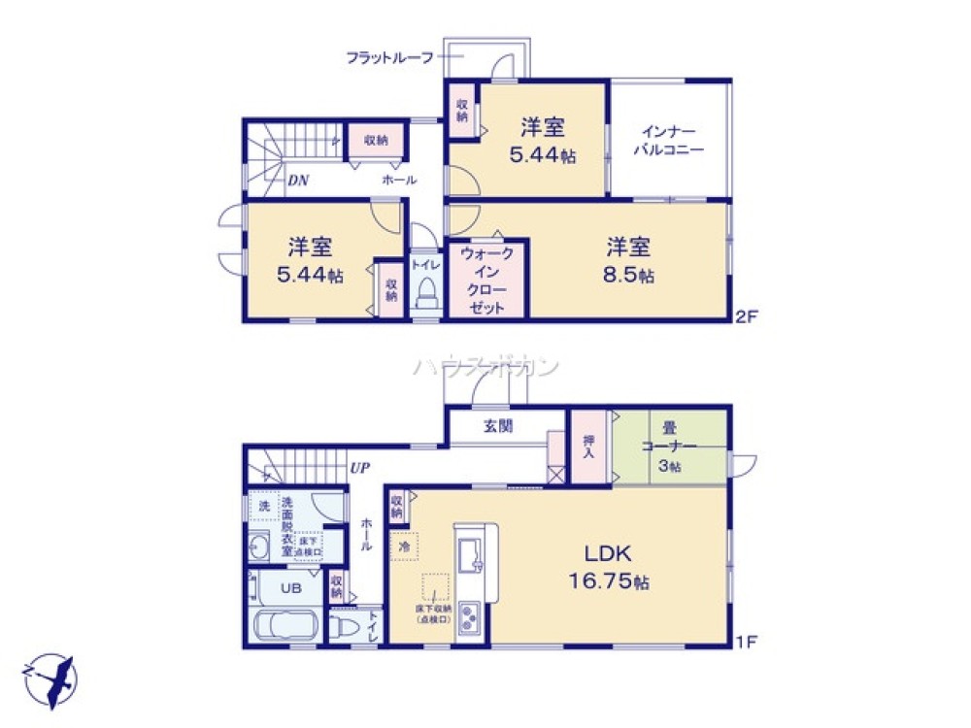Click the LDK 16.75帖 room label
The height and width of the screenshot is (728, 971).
[609, 568]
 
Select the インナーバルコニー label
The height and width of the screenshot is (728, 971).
[668, 141]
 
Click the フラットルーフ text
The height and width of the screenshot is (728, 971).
[389, 57]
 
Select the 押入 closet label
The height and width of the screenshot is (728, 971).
[588, 447]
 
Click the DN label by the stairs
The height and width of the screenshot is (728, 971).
[298, 181]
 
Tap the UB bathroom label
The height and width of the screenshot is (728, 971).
[290, 587]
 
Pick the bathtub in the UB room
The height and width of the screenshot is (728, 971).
[287, 625]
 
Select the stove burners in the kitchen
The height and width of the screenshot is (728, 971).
[468, 616]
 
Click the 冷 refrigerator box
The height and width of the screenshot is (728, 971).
[404, 546]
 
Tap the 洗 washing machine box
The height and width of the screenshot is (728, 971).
[263, 506]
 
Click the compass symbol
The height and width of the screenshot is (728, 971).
[49, 677]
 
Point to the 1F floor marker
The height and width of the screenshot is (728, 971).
[746, 642]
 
